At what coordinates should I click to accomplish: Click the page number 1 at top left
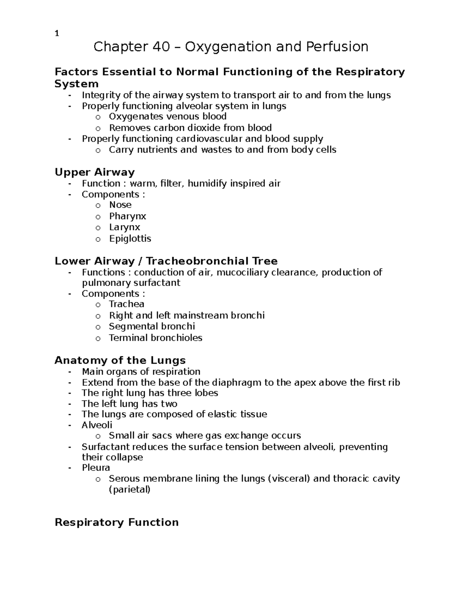click(x=57, y=34)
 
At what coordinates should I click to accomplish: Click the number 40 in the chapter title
click(x=161, y=47)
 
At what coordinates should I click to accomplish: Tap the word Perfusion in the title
click(x=337, y=47)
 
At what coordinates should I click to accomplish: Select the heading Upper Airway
click(x=95, y=172)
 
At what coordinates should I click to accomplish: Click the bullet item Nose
click(x=120, y=205)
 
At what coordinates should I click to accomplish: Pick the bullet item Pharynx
click(x=127, y=216)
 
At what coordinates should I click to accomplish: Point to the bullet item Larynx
click(x=124, y=227)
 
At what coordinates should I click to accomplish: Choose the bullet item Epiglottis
click(x=130, y=238)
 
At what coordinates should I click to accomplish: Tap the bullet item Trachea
click(x=126, y=304)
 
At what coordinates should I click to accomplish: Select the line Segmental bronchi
click(x=152, y=326)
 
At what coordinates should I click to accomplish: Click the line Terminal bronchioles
click(x=155, y=338)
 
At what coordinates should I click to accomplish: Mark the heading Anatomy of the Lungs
click(x=120, y=360)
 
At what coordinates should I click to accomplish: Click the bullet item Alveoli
click(x=97, y=425)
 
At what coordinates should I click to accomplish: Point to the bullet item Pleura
click(x=96, y=467)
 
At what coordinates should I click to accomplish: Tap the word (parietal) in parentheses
click(x=129, y=490)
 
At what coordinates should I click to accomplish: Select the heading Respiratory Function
click(x=117, y=522)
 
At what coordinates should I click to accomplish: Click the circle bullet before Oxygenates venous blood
click(x=98, y=117)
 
